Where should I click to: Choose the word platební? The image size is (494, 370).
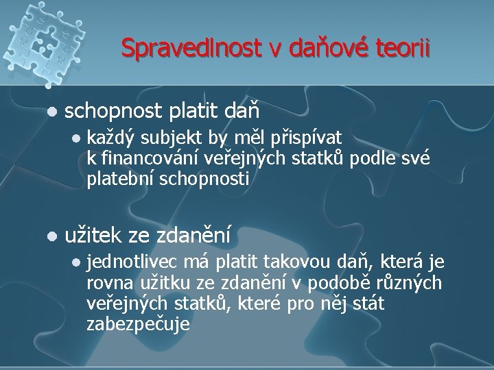coord(120,180)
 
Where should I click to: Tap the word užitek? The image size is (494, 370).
coord(92,236)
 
